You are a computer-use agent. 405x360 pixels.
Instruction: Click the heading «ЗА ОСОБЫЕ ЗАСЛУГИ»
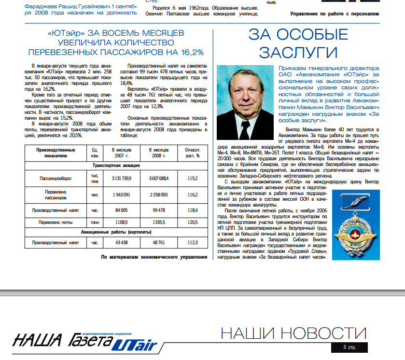[298, 43]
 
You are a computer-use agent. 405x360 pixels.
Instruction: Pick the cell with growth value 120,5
[193, 222]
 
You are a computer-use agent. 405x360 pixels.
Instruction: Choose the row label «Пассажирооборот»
[56, 178]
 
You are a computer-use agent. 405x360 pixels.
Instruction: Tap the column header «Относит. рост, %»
[193, 152]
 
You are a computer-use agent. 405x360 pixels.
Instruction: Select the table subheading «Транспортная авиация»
[116, 165]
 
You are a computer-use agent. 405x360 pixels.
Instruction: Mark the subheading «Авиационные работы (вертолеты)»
[116, 233]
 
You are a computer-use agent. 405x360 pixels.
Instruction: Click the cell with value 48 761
[158, 243]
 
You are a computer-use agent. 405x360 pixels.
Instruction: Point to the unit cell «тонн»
[96, 222]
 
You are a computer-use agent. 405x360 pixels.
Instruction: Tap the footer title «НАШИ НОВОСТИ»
[293, 333]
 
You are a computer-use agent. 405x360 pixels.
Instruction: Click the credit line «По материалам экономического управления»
[154, 257]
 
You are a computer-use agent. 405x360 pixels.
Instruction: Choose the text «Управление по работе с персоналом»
[335, 14]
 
